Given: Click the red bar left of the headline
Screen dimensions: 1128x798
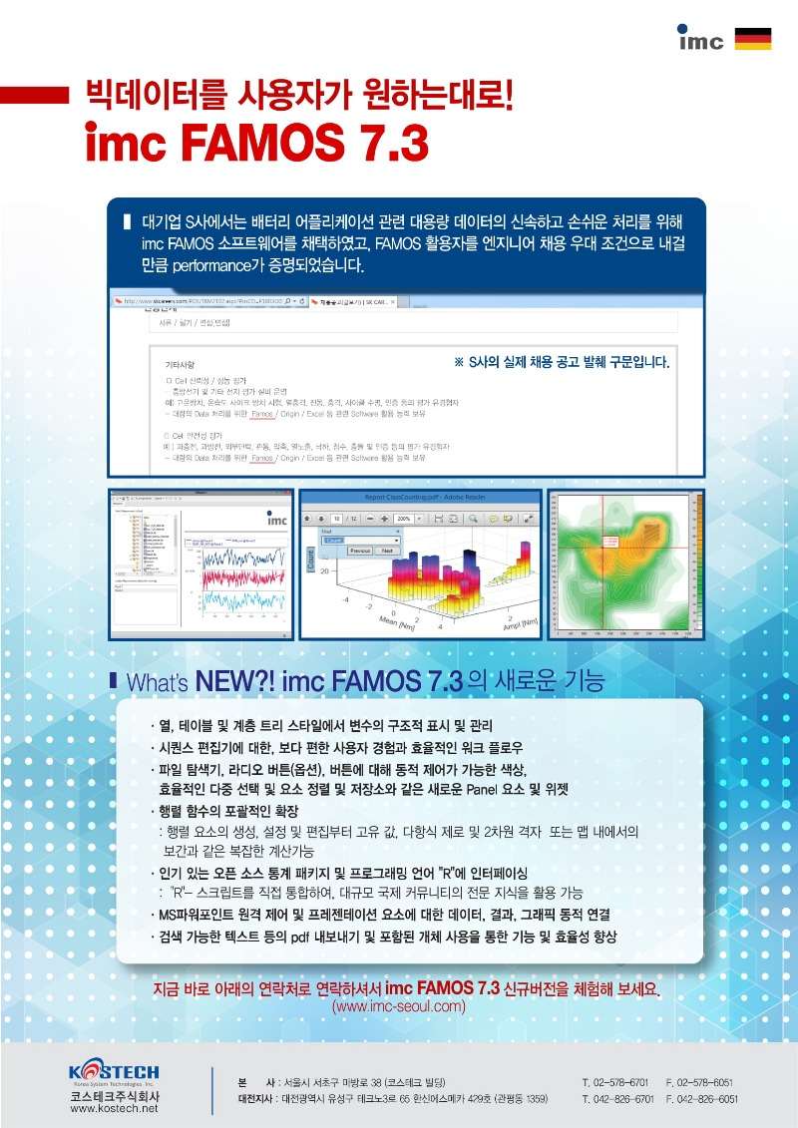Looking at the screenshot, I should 40,96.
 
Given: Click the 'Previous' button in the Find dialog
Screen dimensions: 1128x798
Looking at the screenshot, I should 359,551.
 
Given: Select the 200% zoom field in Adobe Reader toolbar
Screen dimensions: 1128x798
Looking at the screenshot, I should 407,519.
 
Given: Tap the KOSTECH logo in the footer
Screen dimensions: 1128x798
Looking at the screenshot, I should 115,1073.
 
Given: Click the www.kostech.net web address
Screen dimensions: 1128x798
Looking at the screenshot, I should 115,1109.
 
